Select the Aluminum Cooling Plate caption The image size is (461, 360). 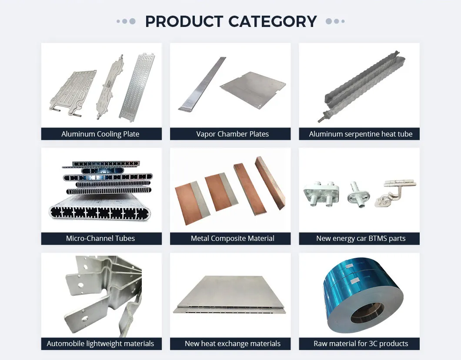pos(100,134)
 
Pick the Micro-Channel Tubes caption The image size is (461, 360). pos(100,238)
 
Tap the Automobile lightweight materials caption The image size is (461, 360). pos(100,343)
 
